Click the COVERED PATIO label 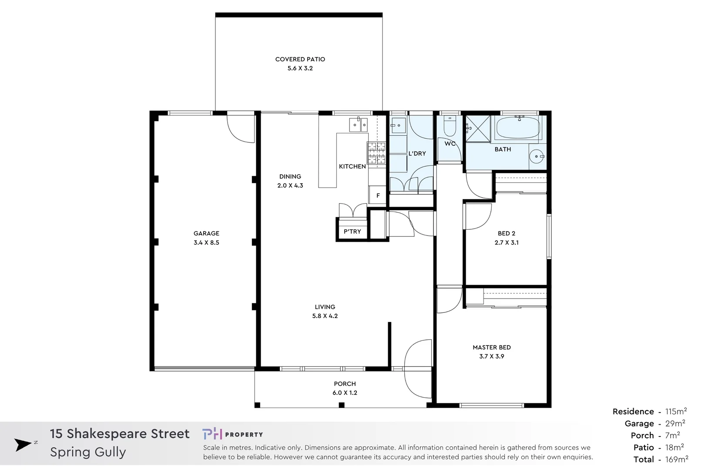(300, 59)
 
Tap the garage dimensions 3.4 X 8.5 (206, 243)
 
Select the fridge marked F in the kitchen (378, 195)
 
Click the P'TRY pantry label (352, 232)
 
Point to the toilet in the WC (449, 127)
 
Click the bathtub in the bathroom (518, 128)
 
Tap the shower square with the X (478, 128)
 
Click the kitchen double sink (358, 125)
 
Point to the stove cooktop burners (376, 153)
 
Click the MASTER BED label (492, 347)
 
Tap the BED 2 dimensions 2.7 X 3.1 (507, 243)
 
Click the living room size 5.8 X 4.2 (325, 316)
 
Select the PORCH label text (345, 384)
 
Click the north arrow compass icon (23, 445)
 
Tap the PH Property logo (232, 434)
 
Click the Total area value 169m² (677, 459)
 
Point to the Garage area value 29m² (675, 423)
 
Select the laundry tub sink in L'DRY (398, 126)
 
